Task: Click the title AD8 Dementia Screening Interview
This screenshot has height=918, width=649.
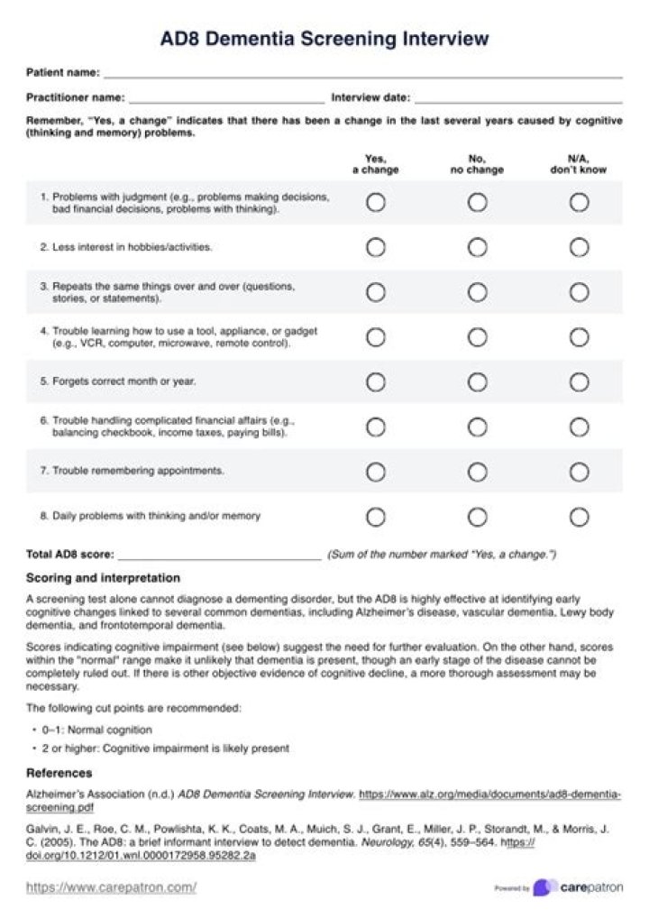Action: click(324, 39)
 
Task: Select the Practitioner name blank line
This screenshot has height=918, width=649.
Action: click(226, 100)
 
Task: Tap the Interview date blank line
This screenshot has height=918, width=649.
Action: click(518, 100)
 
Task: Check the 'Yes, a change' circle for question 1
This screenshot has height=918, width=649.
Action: click(376, 203)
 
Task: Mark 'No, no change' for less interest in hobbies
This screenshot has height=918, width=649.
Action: click(478, 247)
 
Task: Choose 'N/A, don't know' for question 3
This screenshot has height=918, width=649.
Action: click(580, 292)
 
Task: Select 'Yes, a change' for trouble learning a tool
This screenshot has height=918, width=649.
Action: click(376, 337)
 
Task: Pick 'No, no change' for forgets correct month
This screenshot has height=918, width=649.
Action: click(478, 381)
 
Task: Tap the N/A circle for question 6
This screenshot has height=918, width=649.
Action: click(580, 427)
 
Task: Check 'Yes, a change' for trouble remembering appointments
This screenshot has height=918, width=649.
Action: click(376, 472)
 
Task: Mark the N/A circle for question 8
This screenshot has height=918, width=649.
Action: click(580, 517)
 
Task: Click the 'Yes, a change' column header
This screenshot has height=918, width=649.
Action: click(375, 164)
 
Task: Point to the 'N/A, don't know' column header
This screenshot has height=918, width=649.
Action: click(579, 164)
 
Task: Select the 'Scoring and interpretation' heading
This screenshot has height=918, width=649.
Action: click(103, 578)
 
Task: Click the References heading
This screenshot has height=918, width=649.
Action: click(59, 773)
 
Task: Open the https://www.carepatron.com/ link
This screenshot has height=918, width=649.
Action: click(111, 887)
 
